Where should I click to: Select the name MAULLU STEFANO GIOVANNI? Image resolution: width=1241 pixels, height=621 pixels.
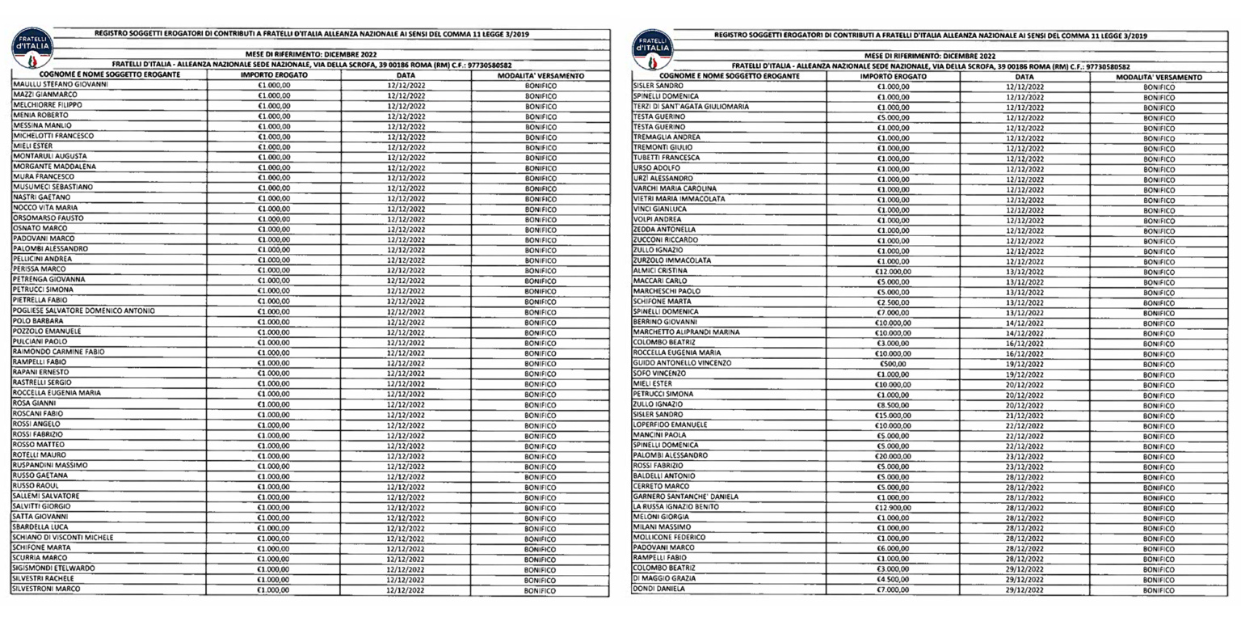click(x=61, y=84)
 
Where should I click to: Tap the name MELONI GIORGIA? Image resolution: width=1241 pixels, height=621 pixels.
click(x=661, y=517)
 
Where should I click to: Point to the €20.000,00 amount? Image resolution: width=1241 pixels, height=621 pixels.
click(x=893, y=455)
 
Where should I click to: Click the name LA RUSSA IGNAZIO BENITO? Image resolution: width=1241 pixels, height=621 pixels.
click(x=675, y=507)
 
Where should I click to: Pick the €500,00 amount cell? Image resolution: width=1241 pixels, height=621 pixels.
click(x=893, y=363)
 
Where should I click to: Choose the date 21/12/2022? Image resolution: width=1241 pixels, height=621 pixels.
click(x=1024, y=415)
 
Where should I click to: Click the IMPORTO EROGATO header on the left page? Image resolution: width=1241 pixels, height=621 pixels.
click(x=274, y=75)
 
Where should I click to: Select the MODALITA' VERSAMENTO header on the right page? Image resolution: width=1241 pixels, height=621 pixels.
click(x=1159, y=77)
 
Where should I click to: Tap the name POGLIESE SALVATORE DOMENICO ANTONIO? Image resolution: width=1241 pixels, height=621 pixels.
click(x=83, y=310)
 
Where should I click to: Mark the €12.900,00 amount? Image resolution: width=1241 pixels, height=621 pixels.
click(x=893, y=507)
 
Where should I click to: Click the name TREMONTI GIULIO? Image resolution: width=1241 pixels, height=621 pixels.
click(x=663, y=148)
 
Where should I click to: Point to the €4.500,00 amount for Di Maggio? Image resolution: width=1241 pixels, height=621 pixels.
click(x=893, y=579)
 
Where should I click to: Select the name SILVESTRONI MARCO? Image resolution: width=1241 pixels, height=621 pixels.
click(x=46, y=589)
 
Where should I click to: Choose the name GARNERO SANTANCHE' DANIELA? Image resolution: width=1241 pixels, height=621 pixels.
click(x=685, y=496)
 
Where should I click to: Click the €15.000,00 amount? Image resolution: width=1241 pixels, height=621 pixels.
click(x=893, y=415)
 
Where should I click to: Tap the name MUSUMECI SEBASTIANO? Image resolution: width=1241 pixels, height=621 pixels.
click(x=53, y=187)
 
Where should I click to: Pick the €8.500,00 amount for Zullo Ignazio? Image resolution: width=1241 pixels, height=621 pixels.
click(x=893, y=404)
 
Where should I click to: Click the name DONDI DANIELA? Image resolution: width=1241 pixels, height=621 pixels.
click(x=658, y=589)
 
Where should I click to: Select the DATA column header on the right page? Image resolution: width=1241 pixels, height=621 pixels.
click(x=1024, y=77)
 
